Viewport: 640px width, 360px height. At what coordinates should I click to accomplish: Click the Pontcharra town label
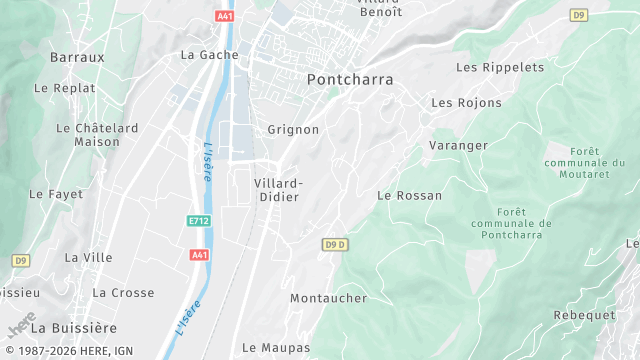click(x=350, y=79)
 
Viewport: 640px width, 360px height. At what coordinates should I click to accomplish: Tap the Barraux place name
click(x=77, y=57)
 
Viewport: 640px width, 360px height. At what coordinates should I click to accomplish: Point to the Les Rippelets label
click(x=500, y=67)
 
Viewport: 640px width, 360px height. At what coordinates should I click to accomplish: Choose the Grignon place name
click(x=293, y=129)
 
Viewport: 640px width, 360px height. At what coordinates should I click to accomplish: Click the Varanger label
click(x=459, y=145)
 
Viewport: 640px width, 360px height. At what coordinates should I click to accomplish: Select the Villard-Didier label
click(x=278, y=190)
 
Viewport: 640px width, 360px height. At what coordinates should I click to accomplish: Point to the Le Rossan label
click(x=409, y=195)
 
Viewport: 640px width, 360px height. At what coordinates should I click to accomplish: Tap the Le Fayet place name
click(x=56, y=193)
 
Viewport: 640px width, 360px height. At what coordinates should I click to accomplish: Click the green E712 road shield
click(x=199, y=219)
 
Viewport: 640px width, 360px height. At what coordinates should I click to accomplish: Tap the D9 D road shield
click(x=335, y=244)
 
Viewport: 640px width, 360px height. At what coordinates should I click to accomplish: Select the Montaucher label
click(x=329, y=298)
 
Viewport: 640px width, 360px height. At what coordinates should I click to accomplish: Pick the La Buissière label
click(x=74, y=327)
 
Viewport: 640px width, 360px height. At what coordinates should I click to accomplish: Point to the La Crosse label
click(x=123, y=292)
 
